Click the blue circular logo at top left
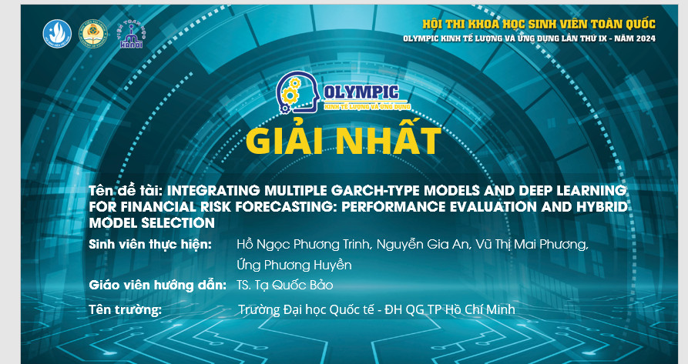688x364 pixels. tap(56, 33)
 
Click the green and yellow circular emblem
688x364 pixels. tap(94, 33)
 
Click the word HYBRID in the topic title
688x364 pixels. tap(602, 207)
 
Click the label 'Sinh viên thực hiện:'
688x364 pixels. tap(150, 245)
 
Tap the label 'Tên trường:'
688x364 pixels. tap(125, 310)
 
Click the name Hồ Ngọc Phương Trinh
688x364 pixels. tap(304, 245)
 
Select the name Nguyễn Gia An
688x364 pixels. tap(420, 245)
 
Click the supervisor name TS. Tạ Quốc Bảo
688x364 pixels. tap(285, 285)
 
